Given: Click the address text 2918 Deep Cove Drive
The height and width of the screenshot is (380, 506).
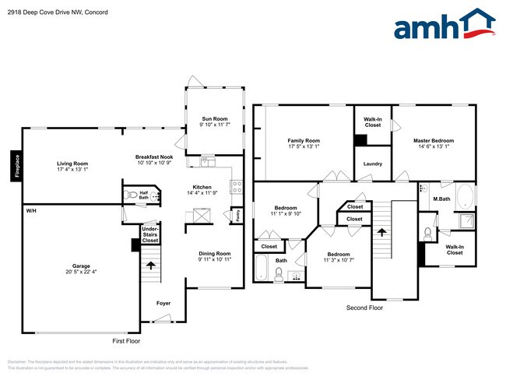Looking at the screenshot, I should [47, 12].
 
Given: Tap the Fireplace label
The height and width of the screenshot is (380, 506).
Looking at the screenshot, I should [16, 166].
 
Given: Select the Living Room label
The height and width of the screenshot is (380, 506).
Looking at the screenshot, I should [72, 164].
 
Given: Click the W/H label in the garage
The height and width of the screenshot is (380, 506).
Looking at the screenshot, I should [30, 211].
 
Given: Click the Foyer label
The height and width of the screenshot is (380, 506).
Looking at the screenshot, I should [163, 303].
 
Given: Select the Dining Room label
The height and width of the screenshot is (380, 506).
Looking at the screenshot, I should [214, 253].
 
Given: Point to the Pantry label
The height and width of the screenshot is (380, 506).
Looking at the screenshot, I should [237, 213].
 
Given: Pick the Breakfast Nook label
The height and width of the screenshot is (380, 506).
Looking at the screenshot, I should [155, 157].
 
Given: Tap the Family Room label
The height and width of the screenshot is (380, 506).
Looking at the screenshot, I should [304, 140].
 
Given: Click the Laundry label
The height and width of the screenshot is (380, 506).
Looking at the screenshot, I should [372, 164].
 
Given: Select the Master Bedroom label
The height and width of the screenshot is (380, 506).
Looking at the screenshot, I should [433, 140].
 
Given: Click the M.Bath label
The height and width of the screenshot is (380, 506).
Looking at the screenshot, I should [441, 199].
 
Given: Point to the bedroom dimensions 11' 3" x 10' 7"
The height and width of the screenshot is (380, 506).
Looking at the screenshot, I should [338, 260].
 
